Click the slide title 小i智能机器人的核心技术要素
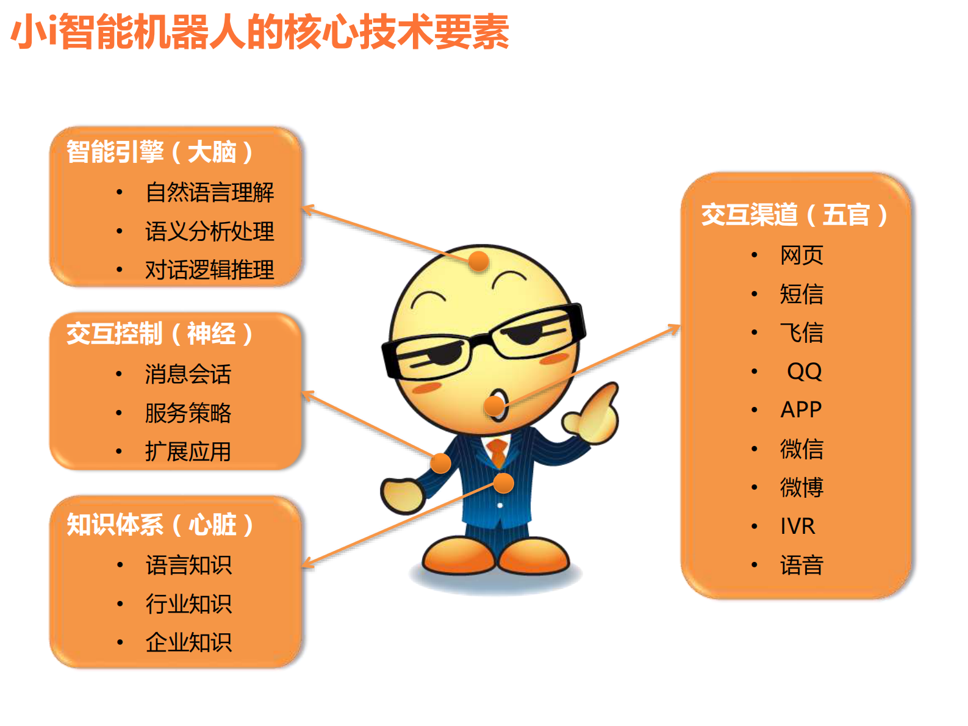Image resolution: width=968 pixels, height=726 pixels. click(x=260, y=32)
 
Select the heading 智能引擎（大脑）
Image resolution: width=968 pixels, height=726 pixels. click(x=159, y=152)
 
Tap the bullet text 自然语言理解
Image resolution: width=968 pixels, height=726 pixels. click(x=209, y=192)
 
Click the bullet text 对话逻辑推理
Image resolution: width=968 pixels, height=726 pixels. click(x=209, y=270)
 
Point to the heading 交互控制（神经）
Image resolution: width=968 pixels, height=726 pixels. click(x=159, y=334)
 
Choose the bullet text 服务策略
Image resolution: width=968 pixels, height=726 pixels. click(x=188, y=413)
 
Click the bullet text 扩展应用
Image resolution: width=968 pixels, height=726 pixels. click(x=188, y=451)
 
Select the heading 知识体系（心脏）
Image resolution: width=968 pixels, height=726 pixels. click(x=160, y=525)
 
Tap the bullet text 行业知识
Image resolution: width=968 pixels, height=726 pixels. click(x=188, y=604)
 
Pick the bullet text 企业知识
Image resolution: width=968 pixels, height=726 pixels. click(x=188, y=642)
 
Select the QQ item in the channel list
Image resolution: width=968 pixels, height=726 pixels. click(x=804, y=371)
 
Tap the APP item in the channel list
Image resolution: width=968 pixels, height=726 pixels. click(x=801, y=409)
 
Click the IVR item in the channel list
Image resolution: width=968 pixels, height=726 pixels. click(x=797, y=526)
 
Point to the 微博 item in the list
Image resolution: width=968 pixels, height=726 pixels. click(x=801, y=487)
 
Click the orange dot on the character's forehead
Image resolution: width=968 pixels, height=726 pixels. click(x=479, y=261)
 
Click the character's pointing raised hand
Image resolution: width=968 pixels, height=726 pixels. click(x=595, y=415)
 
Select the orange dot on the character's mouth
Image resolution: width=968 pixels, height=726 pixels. click(x=495, y=405)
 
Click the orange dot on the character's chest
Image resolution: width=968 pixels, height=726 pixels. click(x=504, y=483)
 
